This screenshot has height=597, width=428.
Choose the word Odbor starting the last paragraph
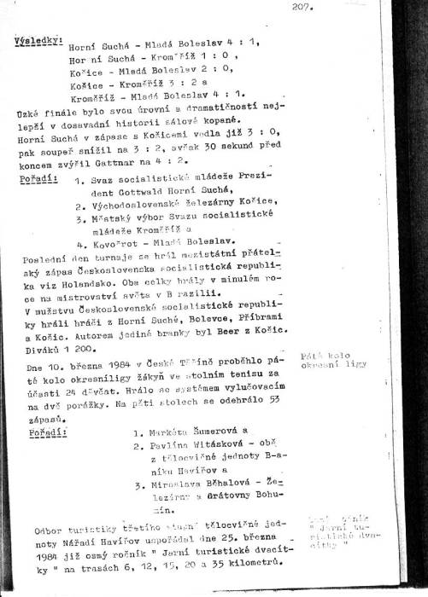pyautogui.click(x=49, y=531)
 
